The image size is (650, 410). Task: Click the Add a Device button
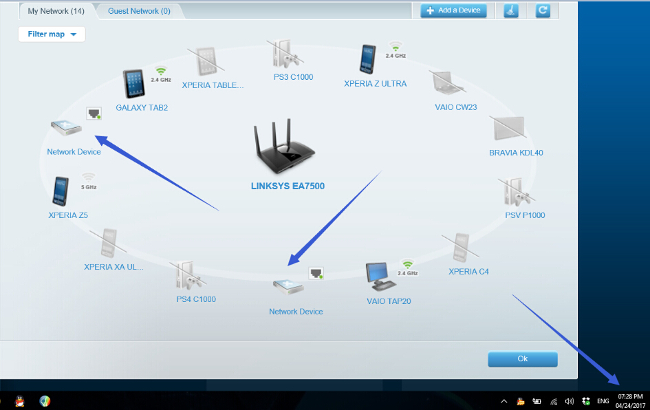[x=454, y=10]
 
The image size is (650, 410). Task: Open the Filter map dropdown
[x=52, y=34]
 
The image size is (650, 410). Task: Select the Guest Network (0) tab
[x=139, y=11]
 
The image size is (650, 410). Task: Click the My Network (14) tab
[x=56, y=11]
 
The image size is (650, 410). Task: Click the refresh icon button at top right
[x=543, y=10]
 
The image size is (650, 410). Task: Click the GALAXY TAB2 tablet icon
[x=134, y=84]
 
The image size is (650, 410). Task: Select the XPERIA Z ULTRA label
[x=375, y=84]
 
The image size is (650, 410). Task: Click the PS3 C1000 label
[x=293, y=77]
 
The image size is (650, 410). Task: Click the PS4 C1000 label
[x=196, y=299]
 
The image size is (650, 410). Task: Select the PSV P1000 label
[x=525, y=215]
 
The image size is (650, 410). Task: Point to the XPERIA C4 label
[x=468, y=272]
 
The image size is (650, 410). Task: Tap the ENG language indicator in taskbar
[x=603, y=400]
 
